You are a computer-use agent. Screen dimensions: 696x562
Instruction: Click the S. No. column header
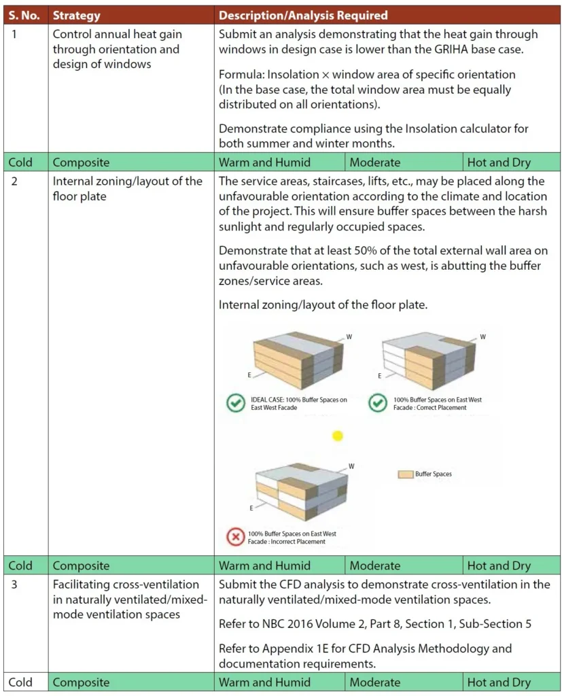(x=24, y=15)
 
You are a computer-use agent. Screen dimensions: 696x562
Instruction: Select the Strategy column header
(x=76, y=15)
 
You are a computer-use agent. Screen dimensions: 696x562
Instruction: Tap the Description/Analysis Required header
(x=303, y=15)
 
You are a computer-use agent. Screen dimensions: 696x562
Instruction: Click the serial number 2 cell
(x=15, y=181)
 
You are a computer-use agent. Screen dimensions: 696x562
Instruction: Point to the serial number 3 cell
(x=15, y=585)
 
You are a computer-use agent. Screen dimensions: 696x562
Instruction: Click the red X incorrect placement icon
(x=235, y=537)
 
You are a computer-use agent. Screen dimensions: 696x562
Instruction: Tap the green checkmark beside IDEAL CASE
(x=235, y=403)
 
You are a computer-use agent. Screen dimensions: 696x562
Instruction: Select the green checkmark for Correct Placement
(x=377, y=403)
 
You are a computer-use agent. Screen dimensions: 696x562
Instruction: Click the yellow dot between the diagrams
(x=338, y=436)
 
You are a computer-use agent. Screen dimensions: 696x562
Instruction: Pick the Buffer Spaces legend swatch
(x=405, y=474)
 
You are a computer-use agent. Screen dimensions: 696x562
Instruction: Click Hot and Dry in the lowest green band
(x=499, y=682)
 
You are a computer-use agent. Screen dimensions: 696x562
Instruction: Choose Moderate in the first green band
(x=374, y=162)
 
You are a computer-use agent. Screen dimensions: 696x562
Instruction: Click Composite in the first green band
(x=82, y=162)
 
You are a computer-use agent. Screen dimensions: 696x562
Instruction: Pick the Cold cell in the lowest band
(x=20, y=682)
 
